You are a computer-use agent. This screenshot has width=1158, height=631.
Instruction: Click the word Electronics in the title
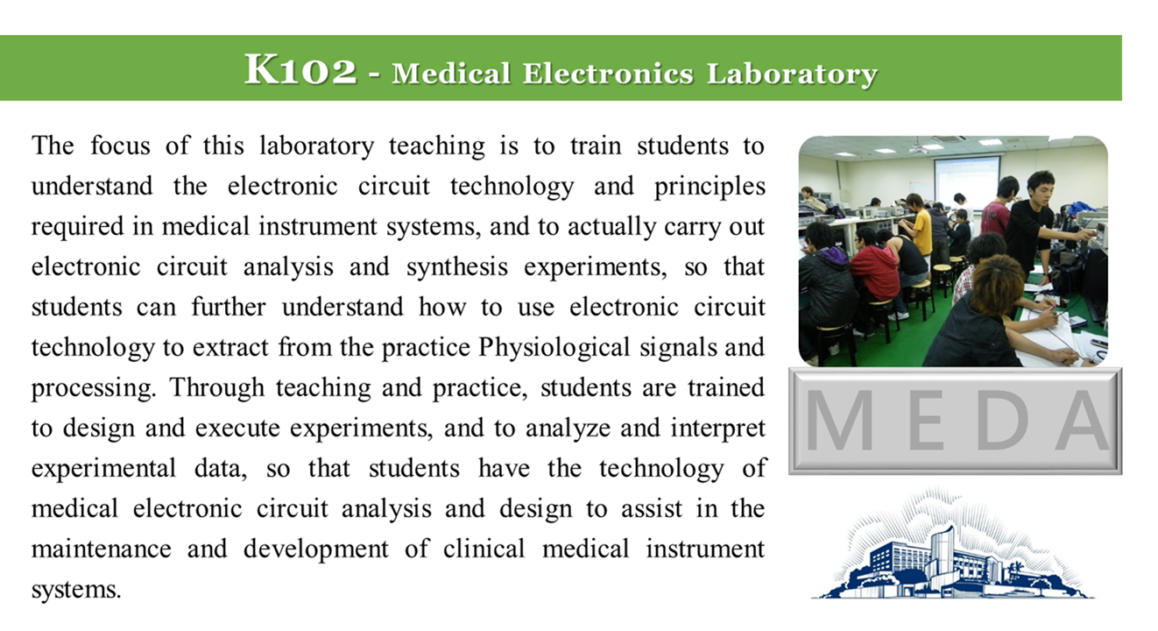click(x=607, y=74)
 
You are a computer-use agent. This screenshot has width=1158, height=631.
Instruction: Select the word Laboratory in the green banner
click(x=792, y=74)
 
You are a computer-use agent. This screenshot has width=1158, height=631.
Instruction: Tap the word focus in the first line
click(x=120, y=145)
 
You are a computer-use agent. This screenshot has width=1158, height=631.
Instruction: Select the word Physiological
click(x=554, y=348)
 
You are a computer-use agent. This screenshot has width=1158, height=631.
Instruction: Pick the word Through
click(x=217, y=388)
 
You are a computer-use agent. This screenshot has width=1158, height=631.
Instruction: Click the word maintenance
click(x=102, y=549)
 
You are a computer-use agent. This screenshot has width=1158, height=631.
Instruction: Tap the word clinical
click(x=484, y=549)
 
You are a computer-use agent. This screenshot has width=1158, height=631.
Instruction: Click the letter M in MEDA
click(x=839, y=420)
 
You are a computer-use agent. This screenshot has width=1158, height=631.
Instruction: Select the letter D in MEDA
click(x=1002, y=420)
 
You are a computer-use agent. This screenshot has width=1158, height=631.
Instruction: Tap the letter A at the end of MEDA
click(x=1083, y=420)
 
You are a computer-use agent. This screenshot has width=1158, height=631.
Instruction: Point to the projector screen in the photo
click(x=967, y=179)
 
